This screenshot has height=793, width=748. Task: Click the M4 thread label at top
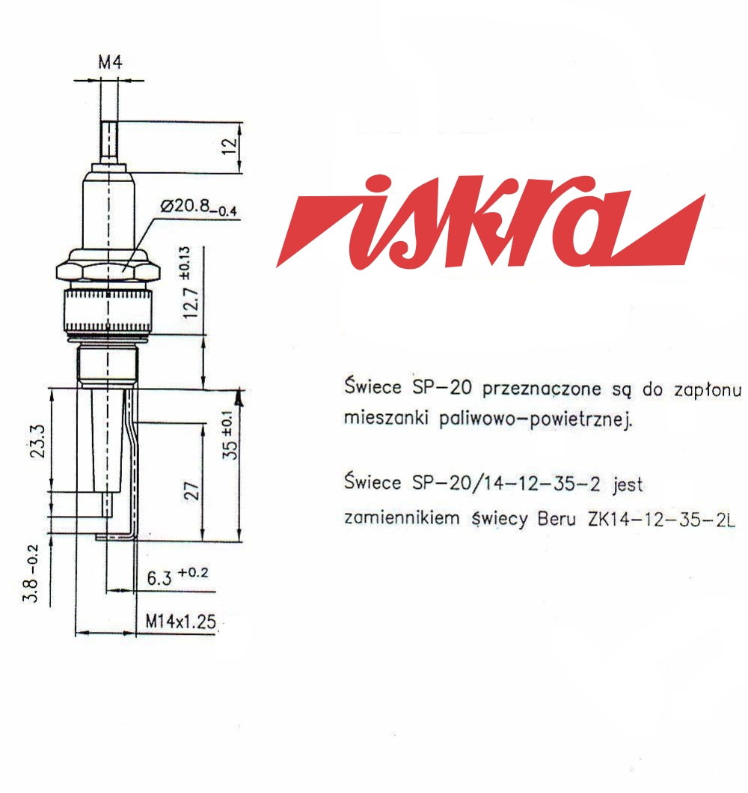coord(110,62)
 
